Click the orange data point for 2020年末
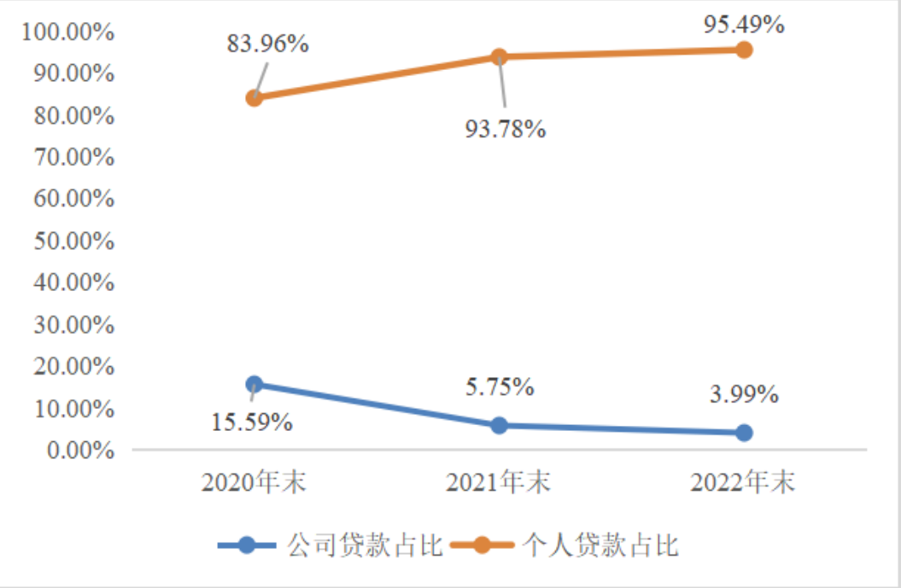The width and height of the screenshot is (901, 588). tap(254, 98)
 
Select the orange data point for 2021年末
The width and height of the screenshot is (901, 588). tap(499, 57)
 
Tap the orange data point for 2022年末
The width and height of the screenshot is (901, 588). tap(744, 50)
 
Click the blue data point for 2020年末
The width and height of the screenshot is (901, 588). tap(254, 384)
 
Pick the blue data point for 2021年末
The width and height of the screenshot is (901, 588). tap(499, 426)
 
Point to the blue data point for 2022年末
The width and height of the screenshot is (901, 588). tap(744, 433)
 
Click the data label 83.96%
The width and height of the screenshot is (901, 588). tap(268, 44)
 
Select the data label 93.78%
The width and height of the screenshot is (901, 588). tap(506, 129)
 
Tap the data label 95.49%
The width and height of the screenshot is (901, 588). tap(744, 25)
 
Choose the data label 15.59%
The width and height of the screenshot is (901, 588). tap(252, 422)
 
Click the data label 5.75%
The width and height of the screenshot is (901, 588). tap(500, 387)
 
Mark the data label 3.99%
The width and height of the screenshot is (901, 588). tap(744, 394)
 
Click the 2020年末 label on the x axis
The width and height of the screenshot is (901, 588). tap(254, 482)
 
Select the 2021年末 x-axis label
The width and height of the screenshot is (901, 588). tap(499, 482)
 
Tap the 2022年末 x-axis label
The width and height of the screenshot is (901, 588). tap(743, 482)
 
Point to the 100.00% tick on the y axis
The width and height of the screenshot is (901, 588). tap(67, 32)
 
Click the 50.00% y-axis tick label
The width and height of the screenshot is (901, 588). tap(74, 242)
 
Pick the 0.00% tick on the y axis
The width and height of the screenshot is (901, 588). tap(80, 451)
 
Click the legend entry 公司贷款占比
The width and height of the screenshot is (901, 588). tap(331, 545)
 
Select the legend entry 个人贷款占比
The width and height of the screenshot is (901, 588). tap(565, 545)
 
